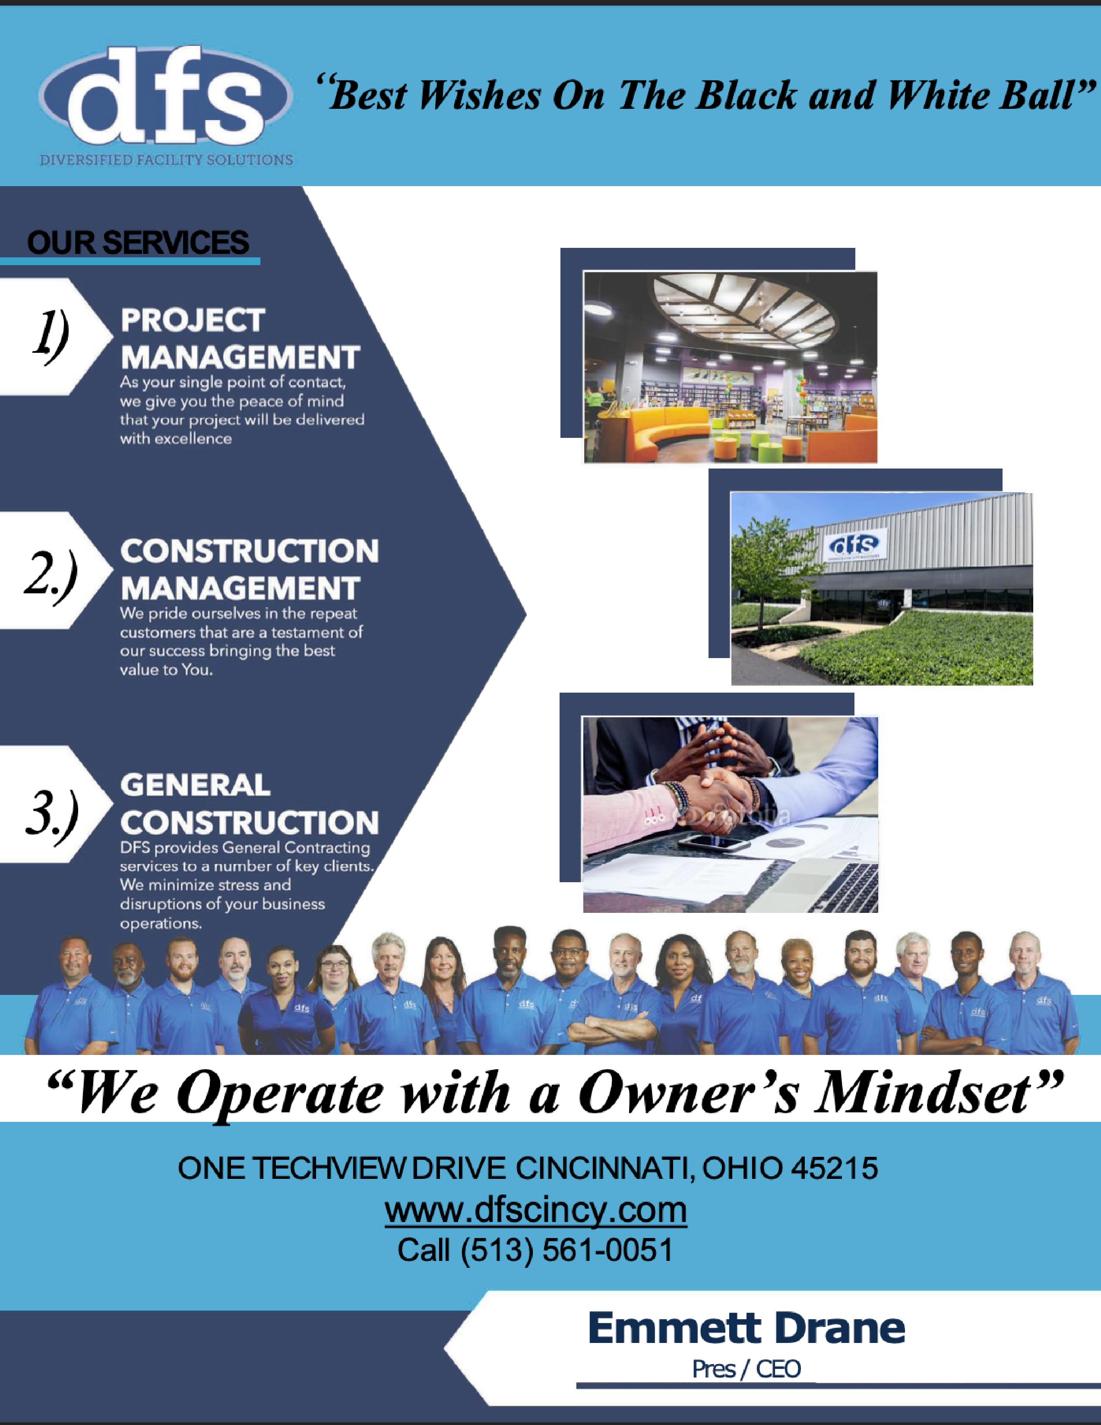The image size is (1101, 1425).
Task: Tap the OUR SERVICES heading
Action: pos(138,242)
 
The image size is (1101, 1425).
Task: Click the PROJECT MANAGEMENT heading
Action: pos(240,338)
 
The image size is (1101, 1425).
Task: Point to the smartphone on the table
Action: pos(715,843)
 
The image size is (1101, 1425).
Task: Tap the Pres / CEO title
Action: pos(746,1369)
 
